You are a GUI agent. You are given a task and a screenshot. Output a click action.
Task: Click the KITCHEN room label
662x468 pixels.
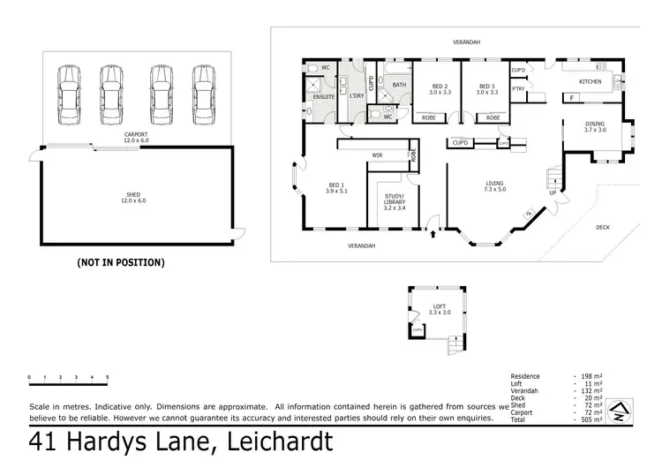590,82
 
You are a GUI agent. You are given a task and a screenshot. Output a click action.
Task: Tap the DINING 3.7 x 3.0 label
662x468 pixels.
596,126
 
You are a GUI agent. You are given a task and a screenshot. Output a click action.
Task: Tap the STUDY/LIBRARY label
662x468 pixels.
395,199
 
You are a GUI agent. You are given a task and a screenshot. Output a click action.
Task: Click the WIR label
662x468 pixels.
376,155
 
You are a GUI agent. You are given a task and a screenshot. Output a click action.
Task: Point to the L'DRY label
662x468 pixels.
357,94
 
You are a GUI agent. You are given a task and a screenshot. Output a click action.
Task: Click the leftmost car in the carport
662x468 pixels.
68,94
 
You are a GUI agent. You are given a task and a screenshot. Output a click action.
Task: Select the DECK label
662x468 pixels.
603,227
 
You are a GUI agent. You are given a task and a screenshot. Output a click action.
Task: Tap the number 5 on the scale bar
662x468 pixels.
107,377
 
